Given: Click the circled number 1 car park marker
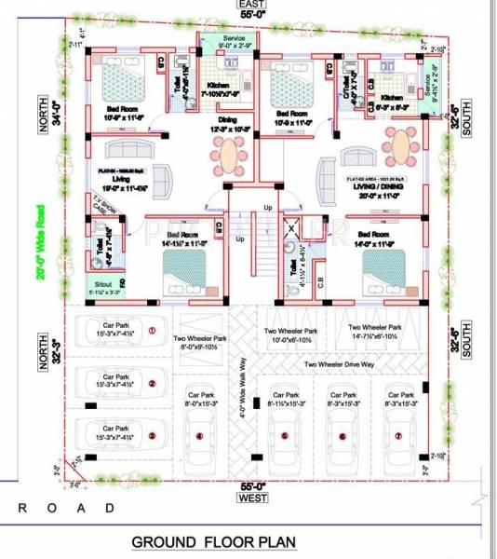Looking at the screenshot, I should (x=153, y=330).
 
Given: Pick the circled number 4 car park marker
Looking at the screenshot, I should (x=198, y=435).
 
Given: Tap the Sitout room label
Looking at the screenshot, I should (x=102, y=287).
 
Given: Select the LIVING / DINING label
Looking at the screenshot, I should (x=380, y=188).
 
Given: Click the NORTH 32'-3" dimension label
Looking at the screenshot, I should (x=43, y=352).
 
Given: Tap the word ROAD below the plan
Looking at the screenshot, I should (x=67, y=509).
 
